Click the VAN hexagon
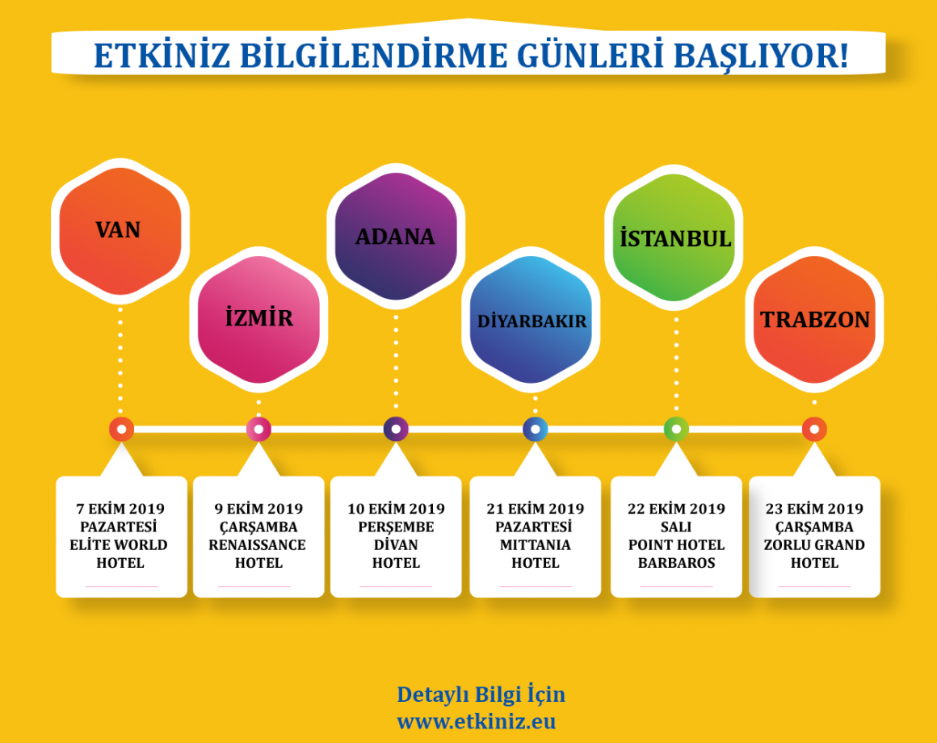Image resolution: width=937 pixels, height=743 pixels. pyautogui.click(x=120, y=231)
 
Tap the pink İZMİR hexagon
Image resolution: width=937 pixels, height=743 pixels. pyautogui.click(x=258, y=319)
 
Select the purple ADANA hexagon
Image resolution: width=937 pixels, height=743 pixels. pyautogui.click(x=396, y=236)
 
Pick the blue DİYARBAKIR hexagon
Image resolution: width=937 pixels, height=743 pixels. pyautogui.click(x=531, y=320)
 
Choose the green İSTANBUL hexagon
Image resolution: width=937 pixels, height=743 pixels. pyautogui.click(x=674, y=237)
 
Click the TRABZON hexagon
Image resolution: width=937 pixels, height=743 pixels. pyautogui.click(x=814, y=320)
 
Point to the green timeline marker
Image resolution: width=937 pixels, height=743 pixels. pyautogui.click(x=676, y=429)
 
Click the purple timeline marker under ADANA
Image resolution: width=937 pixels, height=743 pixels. pyautogui.click(x=396, y=429)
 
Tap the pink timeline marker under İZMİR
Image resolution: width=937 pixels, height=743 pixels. pyautogui.click(x=258, y=429)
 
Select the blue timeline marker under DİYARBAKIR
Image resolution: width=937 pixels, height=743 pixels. pyautogui.click(x=536, y=429)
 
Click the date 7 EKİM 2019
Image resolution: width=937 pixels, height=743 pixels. pyautogui.click(x=120, y=509)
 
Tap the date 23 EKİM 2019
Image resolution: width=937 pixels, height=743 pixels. pyautogui.click(x=814, y=509)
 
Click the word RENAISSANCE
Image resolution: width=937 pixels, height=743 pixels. pyautogui.click(x=257, y=544)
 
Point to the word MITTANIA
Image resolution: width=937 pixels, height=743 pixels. pyautogui.click(x=536, y=544)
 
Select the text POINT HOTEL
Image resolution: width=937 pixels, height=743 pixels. pyautogui.click(x=676, y=544)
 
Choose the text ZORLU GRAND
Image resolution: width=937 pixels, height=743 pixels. pyautogui.click(x=814, y=544)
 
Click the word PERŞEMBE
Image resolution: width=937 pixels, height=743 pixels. pyautogui.click(x=396, y=527)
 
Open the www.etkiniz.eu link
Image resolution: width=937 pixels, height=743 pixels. pyautogui.click(x=477, y=721)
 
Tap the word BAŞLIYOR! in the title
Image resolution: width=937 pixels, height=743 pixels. pyautogui.click(x=761, y=56)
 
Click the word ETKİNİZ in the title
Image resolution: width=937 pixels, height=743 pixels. pyautogui.click(x=162, y=56)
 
